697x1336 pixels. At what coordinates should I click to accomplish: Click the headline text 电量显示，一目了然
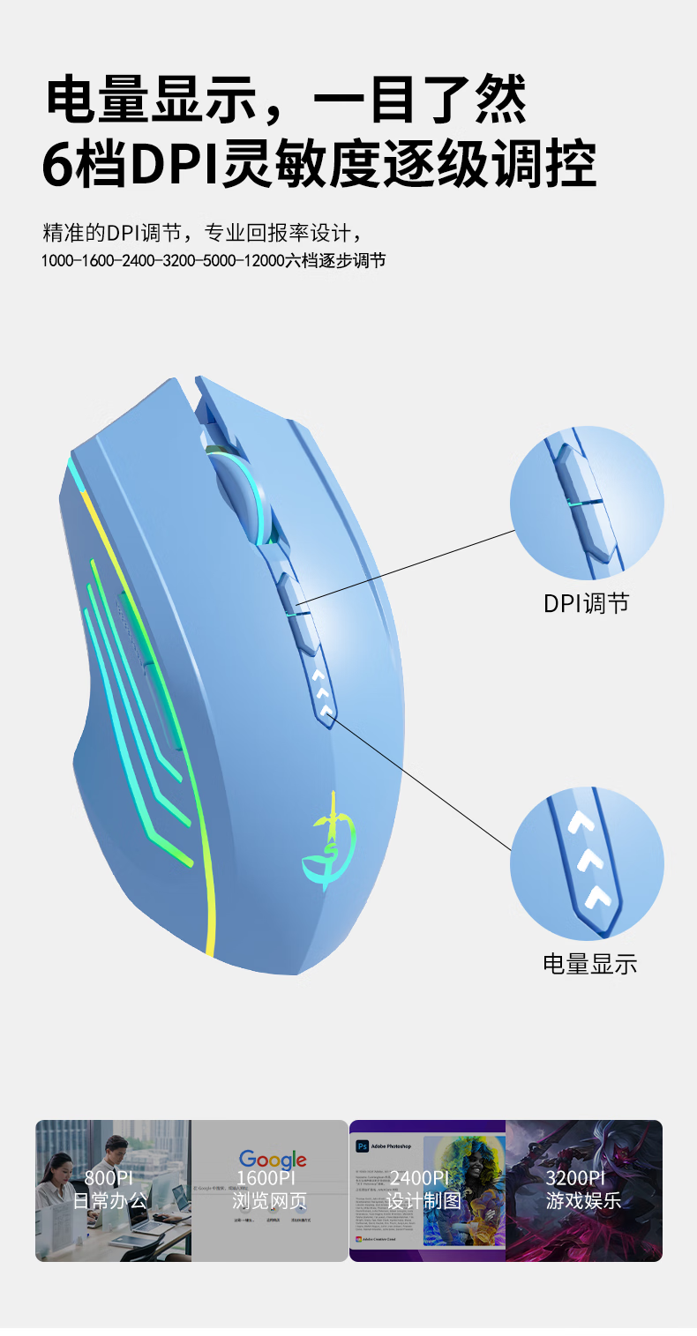tap(287, 99)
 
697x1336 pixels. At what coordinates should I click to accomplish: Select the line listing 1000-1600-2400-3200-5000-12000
tap(214, 261)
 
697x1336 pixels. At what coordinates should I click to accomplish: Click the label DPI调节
tap(587, 603)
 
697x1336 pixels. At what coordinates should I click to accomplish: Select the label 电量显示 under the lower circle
tap(589, 963)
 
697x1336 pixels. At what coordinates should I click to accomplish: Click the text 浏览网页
tap(269, 1201)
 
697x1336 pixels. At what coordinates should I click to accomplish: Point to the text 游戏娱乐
tap(583, 1201)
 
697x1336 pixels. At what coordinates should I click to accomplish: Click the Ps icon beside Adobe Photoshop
tap(362, 1146)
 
